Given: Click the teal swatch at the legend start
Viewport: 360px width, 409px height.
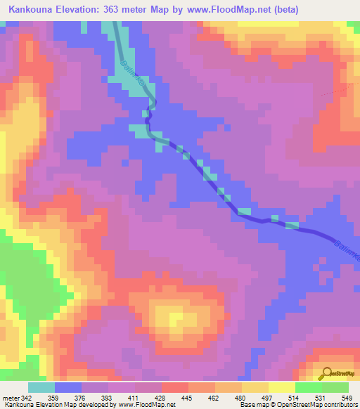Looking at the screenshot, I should (41, 387).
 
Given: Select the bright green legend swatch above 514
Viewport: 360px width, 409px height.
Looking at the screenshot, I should (309, 387).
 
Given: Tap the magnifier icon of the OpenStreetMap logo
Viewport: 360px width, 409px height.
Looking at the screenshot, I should (325, 373).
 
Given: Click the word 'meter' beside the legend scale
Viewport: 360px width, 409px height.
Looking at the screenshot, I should (11, 398).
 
